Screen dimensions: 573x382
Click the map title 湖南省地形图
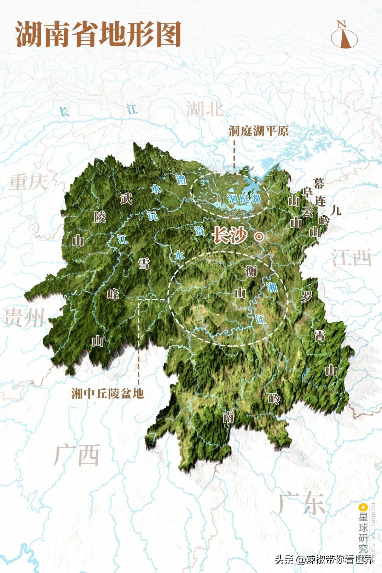click(98, 34)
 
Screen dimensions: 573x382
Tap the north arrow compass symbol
click(344, 36)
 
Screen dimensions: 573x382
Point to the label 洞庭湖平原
click(259, 131)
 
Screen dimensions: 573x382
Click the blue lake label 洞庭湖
click(244, 198)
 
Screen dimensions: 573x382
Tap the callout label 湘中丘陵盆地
click(108, 393)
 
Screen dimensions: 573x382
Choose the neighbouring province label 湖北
click(205, 109)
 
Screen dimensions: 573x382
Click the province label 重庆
click(28, 182)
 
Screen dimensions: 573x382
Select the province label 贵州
click(24, 317)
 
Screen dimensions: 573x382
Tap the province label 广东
click(301, 503)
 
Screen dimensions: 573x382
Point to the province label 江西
click(352, 257)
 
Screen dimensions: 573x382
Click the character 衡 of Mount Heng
click(251, 271)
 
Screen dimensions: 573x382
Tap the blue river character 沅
click(153, 215)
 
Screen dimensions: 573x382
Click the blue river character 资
click(199, 231)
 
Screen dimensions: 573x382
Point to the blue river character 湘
click(272, 287)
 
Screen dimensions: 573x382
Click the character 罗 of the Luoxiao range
click(306, 296)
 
